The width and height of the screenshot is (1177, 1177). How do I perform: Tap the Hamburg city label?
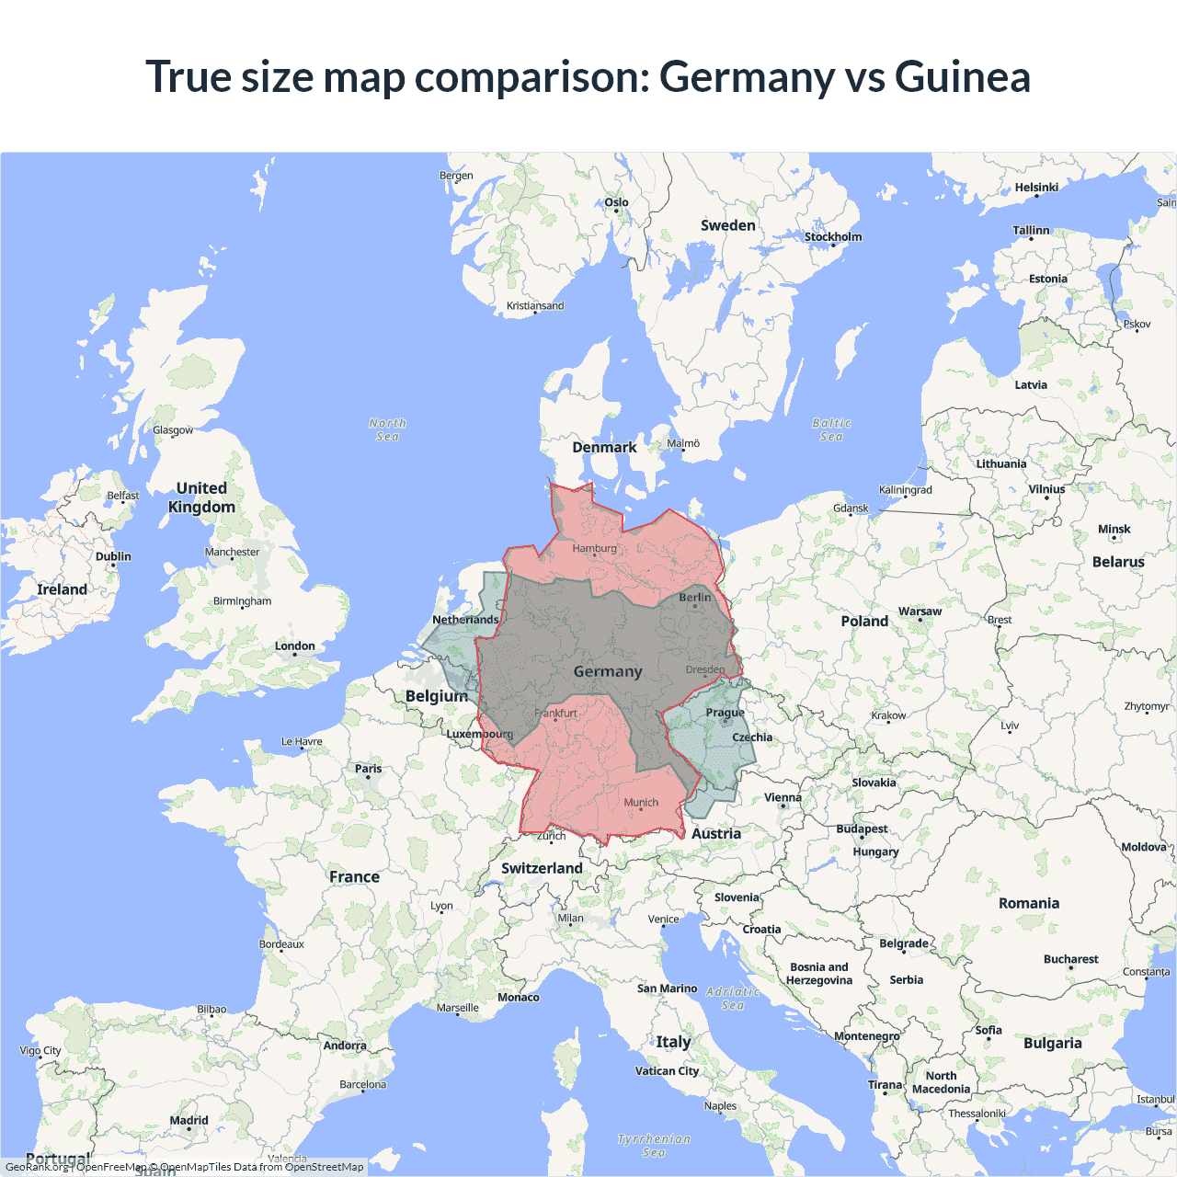(x=594, y=549)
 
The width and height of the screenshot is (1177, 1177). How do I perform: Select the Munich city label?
(x=641, y=803)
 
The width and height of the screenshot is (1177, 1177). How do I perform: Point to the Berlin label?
(x=695, y=598)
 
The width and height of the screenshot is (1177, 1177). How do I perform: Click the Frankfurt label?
(x=555, y=714)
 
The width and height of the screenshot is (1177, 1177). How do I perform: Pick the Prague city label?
(x=725, y=713)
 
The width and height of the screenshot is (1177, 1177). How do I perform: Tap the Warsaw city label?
(x=920, y=611)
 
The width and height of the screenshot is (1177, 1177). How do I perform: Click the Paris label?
(x=368, y=769)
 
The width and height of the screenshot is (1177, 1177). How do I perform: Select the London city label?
(x=294, y=646)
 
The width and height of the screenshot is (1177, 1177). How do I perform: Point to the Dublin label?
(x=113, y=556)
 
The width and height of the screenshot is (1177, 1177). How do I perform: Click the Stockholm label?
(x=833, y=237)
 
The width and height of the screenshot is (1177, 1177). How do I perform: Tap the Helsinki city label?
(x=1036, y=188)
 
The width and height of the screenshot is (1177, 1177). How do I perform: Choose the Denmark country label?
(x=604, y=448)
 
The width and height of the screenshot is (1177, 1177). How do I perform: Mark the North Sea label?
(x=387, y=429)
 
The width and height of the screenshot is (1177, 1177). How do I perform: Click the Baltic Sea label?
(x=831, y=429)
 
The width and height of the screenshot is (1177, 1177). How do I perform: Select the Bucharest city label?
(x=1070, y=959)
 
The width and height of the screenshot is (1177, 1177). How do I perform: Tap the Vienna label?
(x=783, y=798)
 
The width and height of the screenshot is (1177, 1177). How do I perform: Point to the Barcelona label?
(x=362, y=1085)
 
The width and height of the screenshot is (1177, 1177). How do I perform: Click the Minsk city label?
(x=1114, y=530)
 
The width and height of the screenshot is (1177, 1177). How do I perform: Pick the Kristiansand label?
(x=535, y=306)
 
